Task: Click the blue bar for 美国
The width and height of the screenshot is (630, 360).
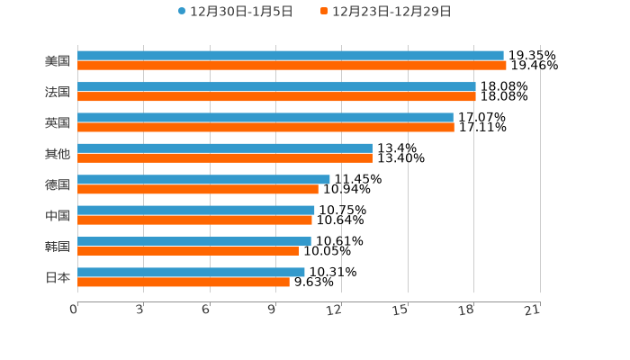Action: click(x=290, y=56)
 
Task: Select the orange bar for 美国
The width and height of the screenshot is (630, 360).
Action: click(x=292, y=66)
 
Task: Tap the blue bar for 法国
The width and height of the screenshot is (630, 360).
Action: click(x=276, y=86)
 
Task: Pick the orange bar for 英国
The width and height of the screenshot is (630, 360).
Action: click(x=265, y=127)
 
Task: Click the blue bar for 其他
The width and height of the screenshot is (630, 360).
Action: click(x=225, y=148)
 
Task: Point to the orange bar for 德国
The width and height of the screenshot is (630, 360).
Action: click(x=198, y=189)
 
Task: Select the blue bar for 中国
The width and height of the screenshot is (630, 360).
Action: click(x=196, y=210)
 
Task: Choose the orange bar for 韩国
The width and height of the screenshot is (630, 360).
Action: click(x=188, y=251)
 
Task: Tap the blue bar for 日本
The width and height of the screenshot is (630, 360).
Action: click(x=191, y=272)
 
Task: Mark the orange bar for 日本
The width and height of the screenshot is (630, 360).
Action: click(x=184, y=282)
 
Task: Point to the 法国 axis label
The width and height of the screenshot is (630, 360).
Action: click(x=58, y=92)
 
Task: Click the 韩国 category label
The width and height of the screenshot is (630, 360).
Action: click(x=58, y=247)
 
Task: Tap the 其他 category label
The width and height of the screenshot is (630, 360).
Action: click(x=58, y=154)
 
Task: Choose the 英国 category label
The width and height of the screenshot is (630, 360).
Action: click(x=58, y=122)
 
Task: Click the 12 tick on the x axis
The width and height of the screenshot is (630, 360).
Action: click(x=335, y=310)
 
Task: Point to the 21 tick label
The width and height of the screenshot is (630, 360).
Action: click(x=533, y=310)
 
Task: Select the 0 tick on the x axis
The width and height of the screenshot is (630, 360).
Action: click(x=74, y=310)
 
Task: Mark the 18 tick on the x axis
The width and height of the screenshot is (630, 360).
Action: click(x=466, y=310)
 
